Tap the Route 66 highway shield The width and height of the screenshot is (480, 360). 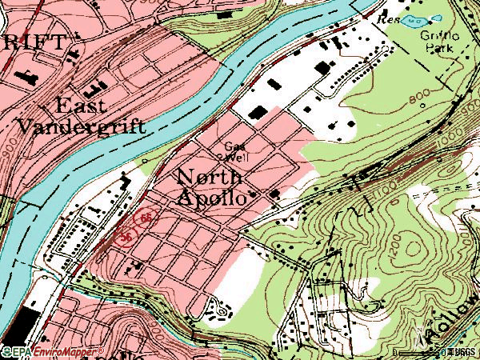tap(146, 218)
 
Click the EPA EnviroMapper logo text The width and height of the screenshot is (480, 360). tap(53, 352)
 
